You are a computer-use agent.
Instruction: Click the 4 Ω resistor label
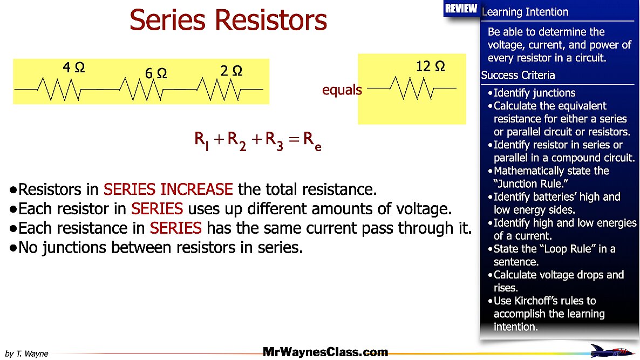coord(74,68)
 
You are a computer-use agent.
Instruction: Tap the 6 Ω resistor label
coord(155,73)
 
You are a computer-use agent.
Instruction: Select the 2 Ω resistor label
coord(232,71)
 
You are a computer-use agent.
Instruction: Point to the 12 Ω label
coord(430,67)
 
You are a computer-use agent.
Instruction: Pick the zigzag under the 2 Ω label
coord(219,89)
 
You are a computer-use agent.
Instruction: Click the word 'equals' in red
coord(342,90)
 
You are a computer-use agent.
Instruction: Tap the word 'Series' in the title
coord(167,20)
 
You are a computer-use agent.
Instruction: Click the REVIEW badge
coord(461,8)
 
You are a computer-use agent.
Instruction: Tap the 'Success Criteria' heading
coord(518,76)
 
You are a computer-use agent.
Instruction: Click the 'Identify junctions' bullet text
coord(534,93)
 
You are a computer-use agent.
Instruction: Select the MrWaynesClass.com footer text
coord(325,352)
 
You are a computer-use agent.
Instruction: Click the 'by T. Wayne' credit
coord(26,354)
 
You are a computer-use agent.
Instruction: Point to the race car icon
coord(611,350)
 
